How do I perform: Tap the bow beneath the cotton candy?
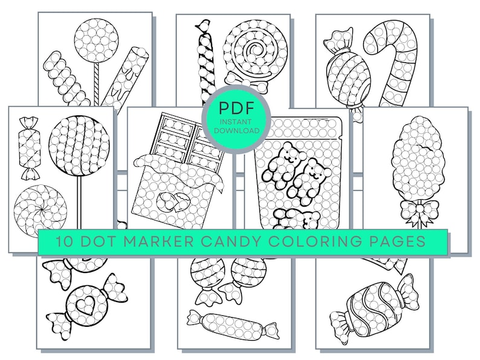(x=416, y=211)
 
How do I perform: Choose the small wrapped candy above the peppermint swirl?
(x=29, y=147)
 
